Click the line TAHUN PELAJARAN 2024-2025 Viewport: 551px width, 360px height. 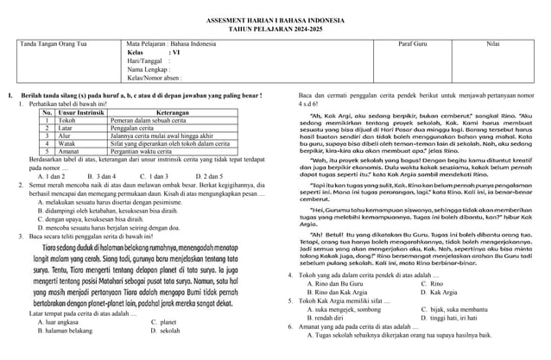click(x=275, y=27)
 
